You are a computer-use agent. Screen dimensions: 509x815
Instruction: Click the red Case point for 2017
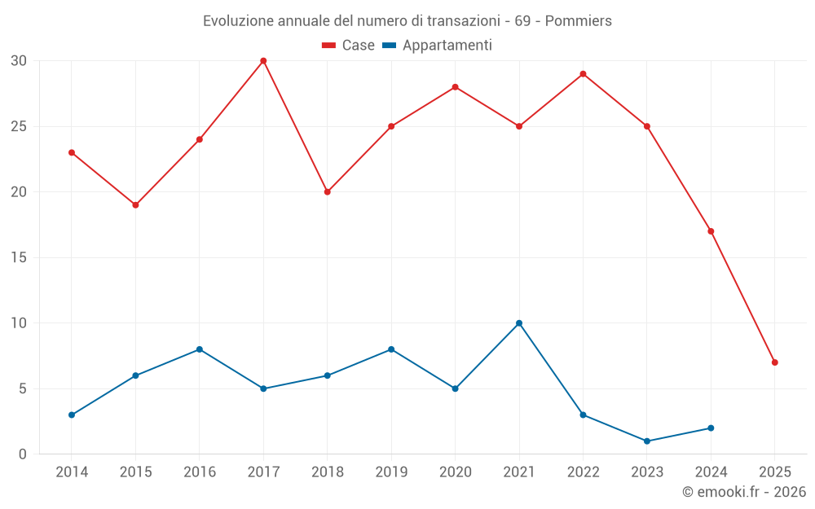pos(263,61)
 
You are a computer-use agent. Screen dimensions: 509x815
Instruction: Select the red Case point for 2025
pos(774,362)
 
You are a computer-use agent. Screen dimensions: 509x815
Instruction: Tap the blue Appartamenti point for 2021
pos(519,323)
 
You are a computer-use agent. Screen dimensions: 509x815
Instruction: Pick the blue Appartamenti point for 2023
pos(647,441)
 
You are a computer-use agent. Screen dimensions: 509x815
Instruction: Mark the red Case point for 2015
pos(135,205)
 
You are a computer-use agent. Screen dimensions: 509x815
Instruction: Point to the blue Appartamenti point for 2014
pos(72,415)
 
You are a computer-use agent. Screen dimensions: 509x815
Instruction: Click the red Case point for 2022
pos(583,74)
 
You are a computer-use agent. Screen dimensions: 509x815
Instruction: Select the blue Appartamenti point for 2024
pos(711,428)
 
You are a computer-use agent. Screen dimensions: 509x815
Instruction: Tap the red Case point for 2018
pos(327,192)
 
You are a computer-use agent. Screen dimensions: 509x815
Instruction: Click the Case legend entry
pos(349,46)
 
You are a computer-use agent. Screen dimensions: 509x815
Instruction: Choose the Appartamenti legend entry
pos(438,46)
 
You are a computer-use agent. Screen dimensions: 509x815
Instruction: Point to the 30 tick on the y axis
pos(19,61)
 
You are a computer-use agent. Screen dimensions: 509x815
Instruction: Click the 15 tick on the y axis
pos(19,258)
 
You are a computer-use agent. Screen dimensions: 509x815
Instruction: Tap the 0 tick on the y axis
pos(23,454)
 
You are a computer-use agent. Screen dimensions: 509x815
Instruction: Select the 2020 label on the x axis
pos(455,472)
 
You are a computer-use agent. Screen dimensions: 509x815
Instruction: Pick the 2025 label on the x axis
pos(774,472)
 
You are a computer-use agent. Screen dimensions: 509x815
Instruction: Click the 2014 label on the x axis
pos(72,472)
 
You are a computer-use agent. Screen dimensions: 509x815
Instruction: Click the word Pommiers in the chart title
pos(578,21)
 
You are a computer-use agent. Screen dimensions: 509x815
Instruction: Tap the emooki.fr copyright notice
pos(743,492)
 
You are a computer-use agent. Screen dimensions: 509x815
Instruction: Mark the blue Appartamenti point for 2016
pos(200,349)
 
